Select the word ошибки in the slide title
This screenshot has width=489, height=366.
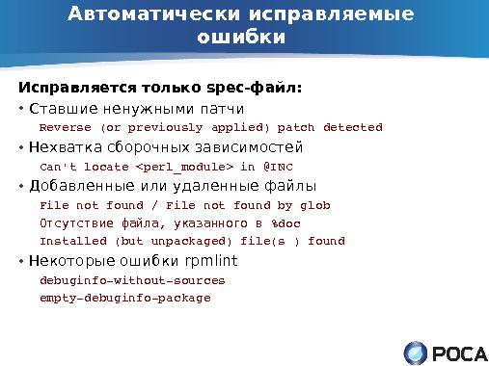coord(241,38)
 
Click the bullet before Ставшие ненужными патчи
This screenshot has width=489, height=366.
coord(21,108)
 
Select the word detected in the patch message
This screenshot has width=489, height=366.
coord(353,127)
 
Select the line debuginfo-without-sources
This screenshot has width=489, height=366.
coord(131,280)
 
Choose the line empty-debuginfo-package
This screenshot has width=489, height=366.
coord(124,298)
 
